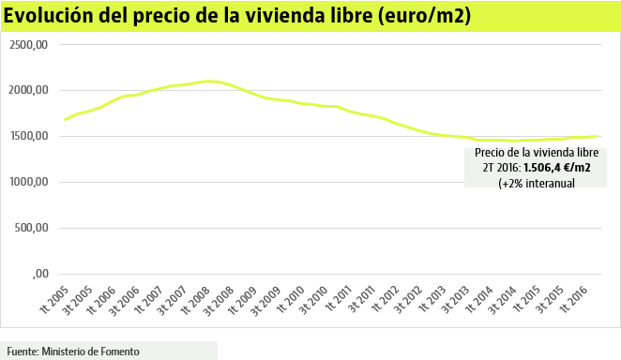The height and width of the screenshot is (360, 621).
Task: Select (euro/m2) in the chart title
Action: pos(426,17)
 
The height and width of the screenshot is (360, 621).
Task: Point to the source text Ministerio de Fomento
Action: pos(90,351)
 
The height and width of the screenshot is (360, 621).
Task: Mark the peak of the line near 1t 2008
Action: pos(207,81)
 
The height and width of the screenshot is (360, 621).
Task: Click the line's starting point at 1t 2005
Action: pos(65,119)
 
